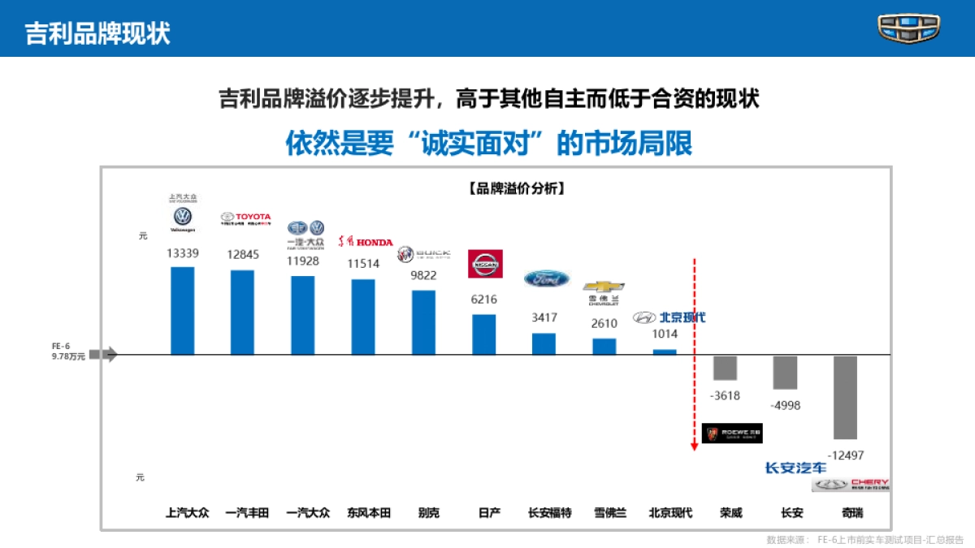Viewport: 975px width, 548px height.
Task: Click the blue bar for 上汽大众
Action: pos(182,310)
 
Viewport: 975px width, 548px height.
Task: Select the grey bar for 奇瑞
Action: pos(845,397)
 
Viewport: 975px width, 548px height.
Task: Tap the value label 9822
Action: pos(423,275)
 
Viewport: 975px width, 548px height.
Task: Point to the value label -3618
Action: pos(725,395)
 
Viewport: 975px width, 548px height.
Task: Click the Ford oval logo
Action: pos(547,278)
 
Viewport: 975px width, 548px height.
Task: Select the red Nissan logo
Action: pos(486,264)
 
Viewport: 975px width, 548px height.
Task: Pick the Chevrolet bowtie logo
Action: pos(604,287)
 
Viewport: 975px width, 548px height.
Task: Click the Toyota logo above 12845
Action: pos(246,218)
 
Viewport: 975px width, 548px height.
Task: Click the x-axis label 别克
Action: pos(428,512)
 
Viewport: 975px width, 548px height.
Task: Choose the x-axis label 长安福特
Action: pos(549,512)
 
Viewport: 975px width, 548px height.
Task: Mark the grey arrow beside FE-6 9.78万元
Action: pos(103,354)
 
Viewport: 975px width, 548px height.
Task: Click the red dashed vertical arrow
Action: pos(694,357)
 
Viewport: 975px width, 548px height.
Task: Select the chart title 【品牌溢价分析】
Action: pos(517,188)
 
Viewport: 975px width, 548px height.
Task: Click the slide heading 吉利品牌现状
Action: pos(97,33)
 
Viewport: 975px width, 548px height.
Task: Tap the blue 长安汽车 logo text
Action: pos(795,468)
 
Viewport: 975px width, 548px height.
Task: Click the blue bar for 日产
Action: pos(484,334)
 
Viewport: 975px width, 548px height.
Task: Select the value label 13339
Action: pos(183,253)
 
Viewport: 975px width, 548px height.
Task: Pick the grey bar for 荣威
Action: pos(725,368)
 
